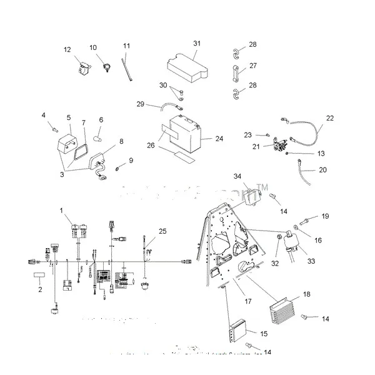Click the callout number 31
point(197,43)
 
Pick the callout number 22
point(330,118)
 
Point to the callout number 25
point(162,232)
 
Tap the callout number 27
point(253,65)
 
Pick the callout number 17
point(247,301)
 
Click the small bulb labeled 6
point(97,133)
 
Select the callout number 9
point(131,161)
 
